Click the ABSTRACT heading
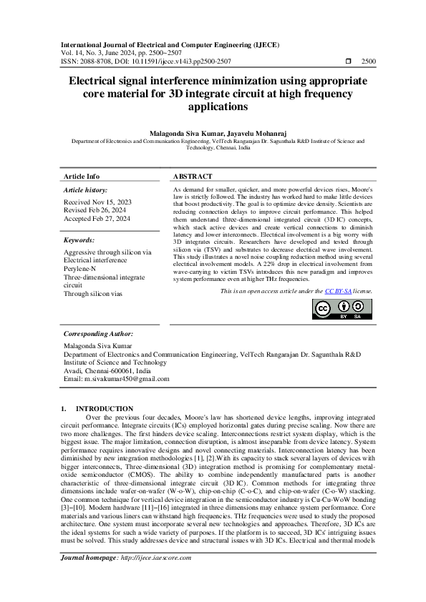[x=193, y=177]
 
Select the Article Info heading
[x=82, y=177]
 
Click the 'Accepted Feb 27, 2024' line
[x=97, y=219]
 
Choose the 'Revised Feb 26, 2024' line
[x=95, y=211]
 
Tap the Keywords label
[x=79, y=240]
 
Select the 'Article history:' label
[x=86, y=190]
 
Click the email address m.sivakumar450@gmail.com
[x=119, y=378]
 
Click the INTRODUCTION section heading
[x=105, y=408]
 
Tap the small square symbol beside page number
[x=348, y=62]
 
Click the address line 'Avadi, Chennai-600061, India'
[x=107, y=370]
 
